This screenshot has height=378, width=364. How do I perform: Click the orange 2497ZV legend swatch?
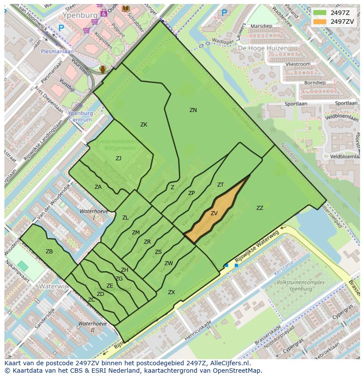320,22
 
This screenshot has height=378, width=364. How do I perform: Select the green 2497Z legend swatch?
320,12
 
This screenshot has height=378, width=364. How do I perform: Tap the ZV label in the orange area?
214,213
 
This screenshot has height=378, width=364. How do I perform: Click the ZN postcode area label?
193,110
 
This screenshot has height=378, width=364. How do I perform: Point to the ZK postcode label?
144,125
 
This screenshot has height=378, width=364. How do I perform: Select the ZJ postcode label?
119,158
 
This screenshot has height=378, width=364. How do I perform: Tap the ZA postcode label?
98,187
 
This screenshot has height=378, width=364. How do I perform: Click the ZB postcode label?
49,252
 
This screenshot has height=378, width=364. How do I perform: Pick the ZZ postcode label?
260,208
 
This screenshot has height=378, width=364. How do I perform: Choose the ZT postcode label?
220,185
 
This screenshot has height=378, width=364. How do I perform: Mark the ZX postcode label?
171,292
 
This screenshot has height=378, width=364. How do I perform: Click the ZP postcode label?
191,193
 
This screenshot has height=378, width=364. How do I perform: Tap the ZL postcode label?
125,218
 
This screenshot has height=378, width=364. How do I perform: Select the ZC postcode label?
91,300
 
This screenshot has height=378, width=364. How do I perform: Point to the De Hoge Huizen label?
263,48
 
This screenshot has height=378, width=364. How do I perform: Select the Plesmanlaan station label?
57,51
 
